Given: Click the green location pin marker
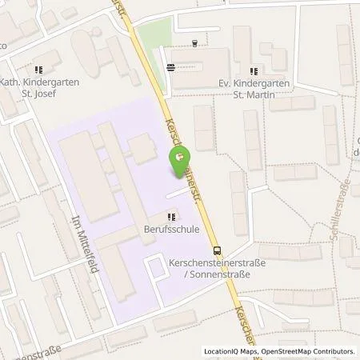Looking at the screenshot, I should click(177, 159).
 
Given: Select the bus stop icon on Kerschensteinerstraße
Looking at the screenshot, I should click(216, 249).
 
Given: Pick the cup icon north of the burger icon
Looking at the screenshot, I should click(195, 44).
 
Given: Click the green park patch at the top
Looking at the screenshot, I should click(152, 32).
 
